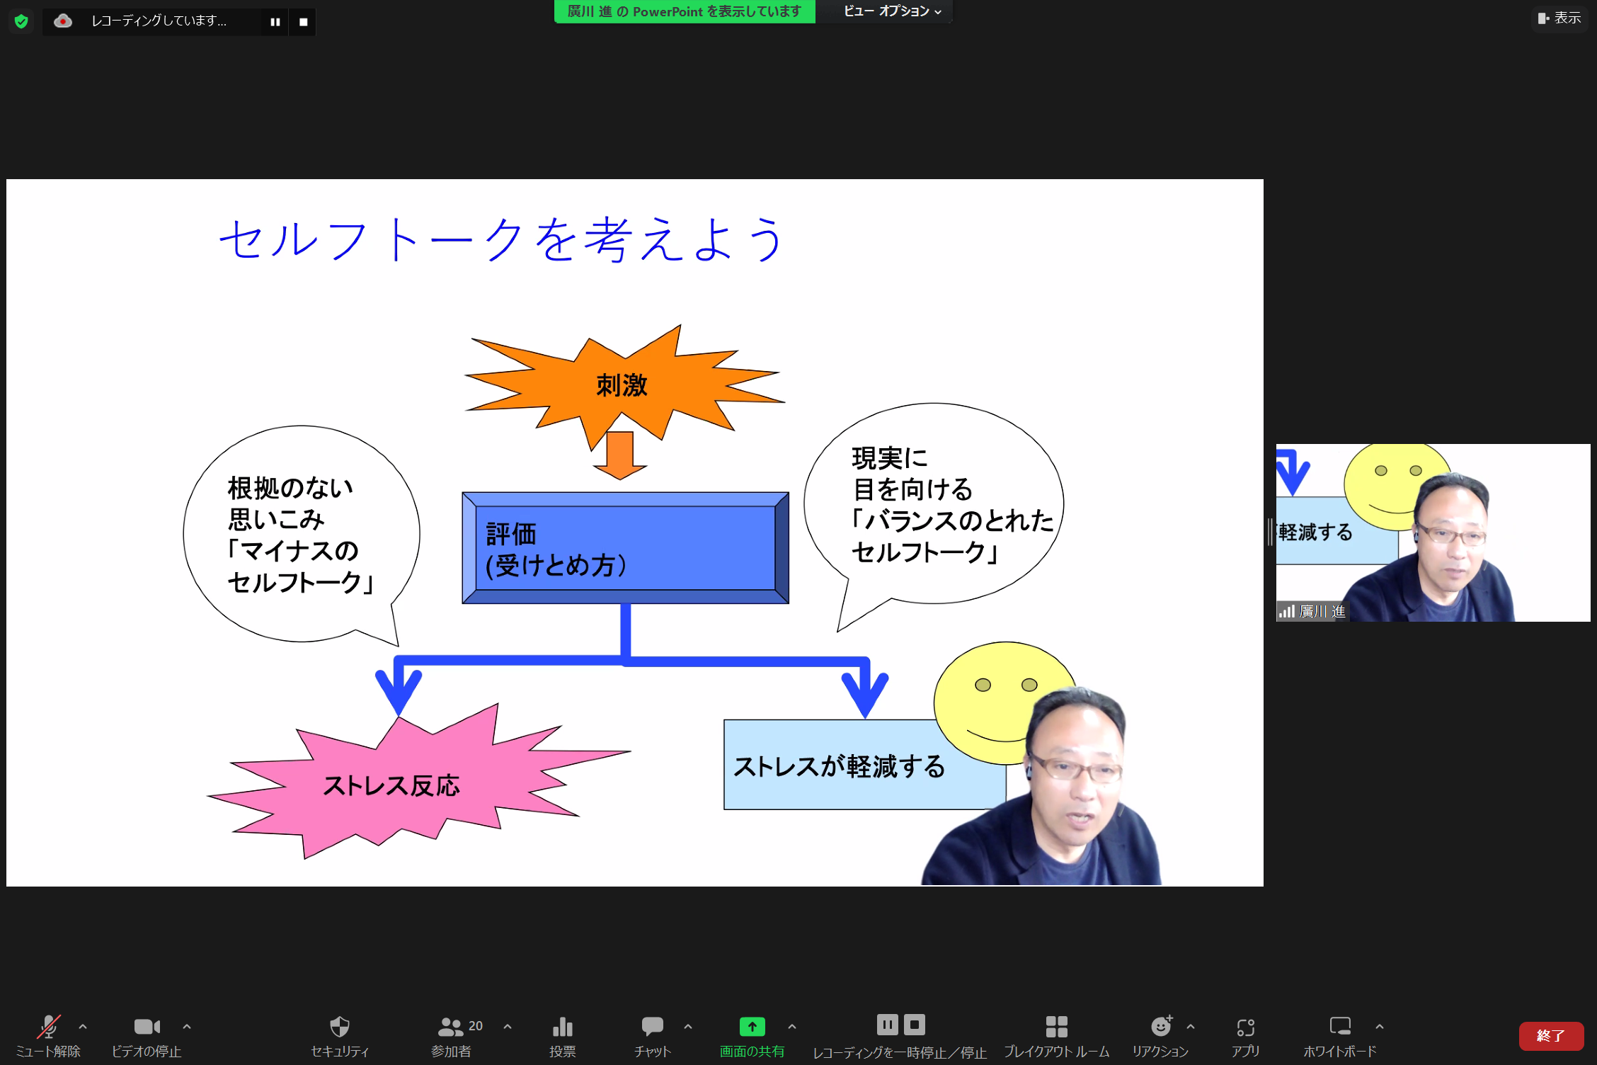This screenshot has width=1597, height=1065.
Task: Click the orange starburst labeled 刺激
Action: pos(623,386)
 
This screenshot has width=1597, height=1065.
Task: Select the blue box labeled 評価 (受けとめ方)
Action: pos(625,547)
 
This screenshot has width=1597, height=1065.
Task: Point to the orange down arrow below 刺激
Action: pos(620,455)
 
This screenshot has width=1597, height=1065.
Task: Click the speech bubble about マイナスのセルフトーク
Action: pos(302,535)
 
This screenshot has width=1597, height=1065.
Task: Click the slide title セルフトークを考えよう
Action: pos(501,239)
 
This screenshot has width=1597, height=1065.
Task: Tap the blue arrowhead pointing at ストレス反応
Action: pos(399,691)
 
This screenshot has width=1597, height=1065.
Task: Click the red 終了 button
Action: pos(1551,1036)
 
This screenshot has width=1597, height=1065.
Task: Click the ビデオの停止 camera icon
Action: pos(147,1027)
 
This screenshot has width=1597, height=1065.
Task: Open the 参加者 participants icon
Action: pos(450,1027)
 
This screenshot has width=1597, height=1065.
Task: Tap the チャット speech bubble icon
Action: pos(652,1026)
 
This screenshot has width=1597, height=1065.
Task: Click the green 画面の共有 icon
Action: pos(752,1026)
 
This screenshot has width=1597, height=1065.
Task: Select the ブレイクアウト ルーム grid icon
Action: pos(1056,1027)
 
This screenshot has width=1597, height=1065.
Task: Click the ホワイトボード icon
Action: pos(1340,1026)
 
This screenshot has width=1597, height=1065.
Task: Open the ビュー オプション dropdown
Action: pos(892,11)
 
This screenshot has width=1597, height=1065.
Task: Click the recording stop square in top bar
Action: pos(303,22)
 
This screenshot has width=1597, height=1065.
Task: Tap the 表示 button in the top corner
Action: pos(1559,18)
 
